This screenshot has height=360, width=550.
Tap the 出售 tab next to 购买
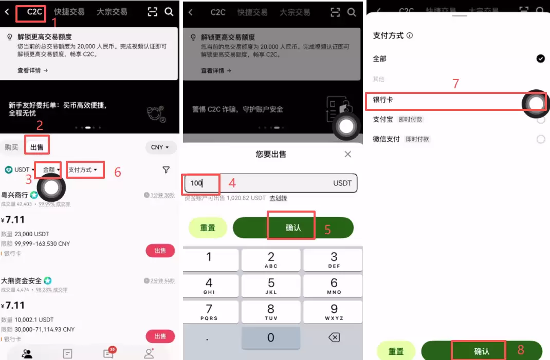point(37,147)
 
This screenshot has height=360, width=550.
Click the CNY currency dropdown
point(160,147)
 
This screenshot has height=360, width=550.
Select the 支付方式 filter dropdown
point(83,169)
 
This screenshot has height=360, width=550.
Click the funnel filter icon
point(166,170)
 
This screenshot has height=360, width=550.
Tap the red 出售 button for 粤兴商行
point(160,251)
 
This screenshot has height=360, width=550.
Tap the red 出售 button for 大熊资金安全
point(160,336)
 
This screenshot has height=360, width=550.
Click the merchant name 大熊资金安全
point(22,281)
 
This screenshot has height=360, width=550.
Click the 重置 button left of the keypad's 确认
point(208,228)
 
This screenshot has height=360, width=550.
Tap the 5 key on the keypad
point(271,286)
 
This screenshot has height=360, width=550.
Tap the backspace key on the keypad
point(334,337)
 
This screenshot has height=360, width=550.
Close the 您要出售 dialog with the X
point(348,154)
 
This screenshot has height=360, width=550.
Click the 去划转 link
point(278,198)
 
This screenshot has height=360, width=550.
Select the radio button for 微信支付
point(540,139)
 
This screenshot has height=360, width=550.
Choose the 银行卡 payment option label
point(383,100)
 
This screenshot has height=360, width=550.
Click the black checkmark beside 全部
point(540,59)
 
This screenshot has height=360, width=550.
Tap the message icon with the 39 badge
point(108,353)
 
